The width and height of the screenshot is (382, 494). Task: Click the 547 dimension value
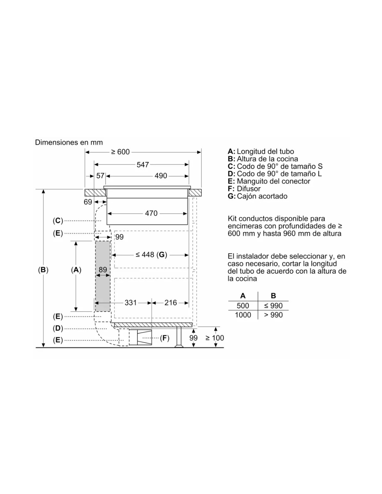pos(142,165)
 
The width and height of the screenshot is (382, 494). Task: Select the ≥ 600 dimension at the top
pos(120,152)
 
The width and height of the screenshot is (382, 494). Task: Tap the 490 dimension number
pos(161,176)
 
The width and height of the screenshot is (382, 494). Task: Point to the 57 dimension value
pos(100,176)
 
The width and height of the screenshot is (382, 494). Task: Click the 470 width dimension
pos(151,213)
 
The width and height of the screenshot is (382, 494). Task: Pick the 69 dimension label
pos(88,202)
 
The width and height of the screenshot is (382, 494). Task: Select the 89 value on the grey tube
pos(103,270)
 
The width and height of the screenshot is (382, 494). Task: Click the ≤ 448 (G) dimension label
pos(151,255)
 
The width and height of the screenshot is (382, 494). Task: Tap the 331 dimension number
pos(131,303)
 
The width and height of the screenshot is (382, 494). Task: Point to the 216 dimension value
pos(171,303)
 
